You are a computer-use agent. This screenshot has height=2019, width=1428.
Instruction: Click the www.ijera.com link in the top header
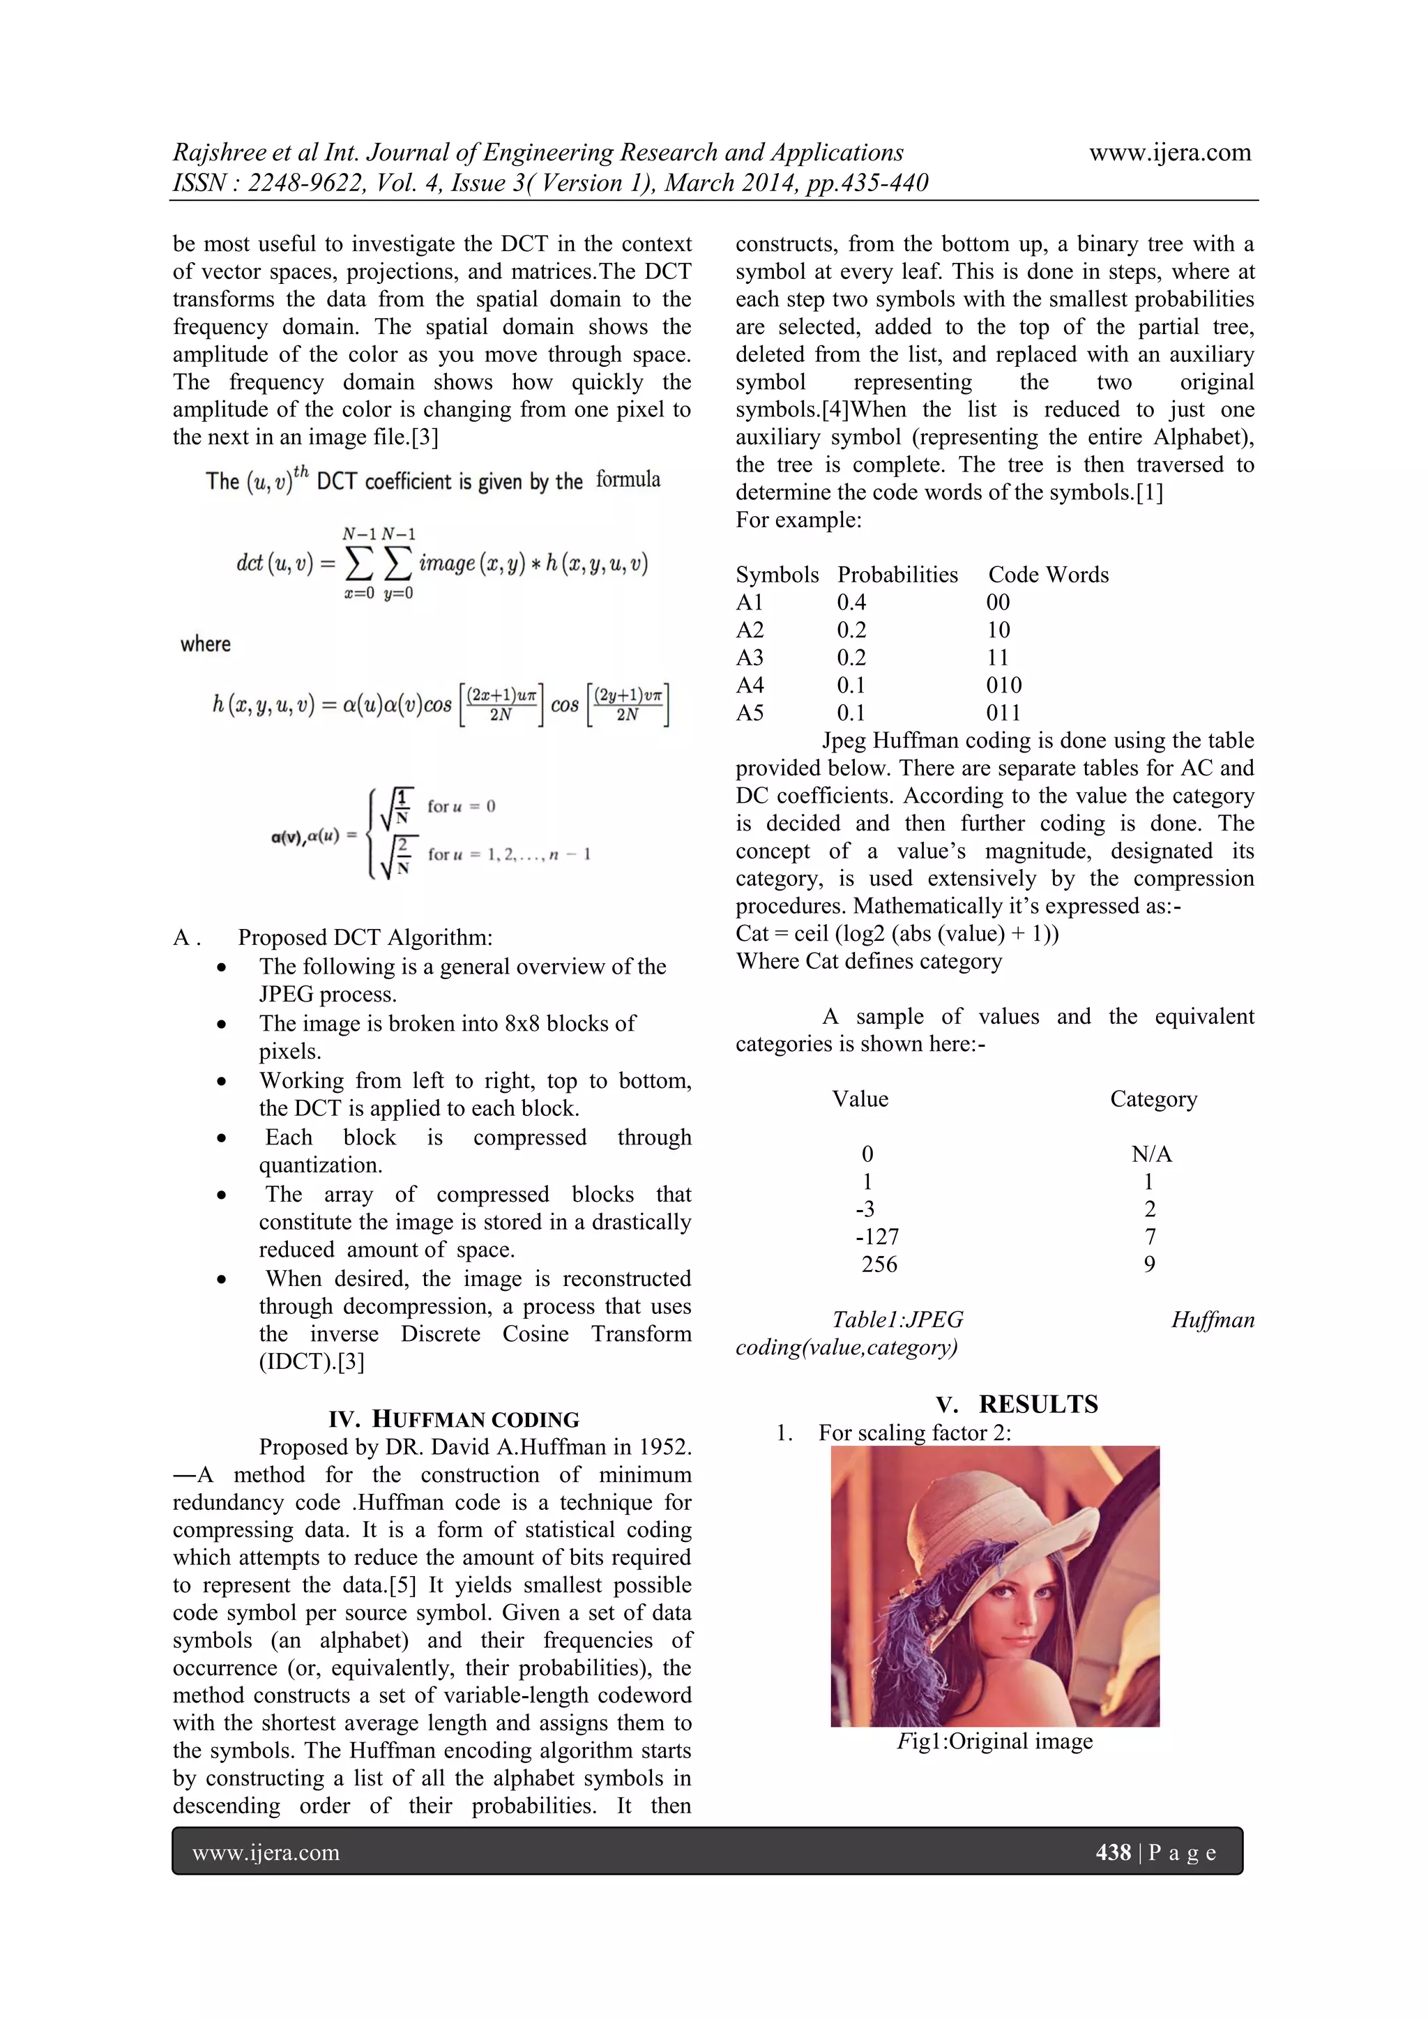1169,153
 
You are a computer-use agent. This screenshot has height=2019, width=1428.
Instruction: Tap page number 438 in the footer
1112,1853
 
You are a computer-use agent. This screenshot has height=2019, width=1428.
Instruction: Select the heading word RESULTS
1038,1405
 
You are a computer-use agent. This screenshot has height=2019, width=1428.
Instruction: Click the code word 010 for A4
1003,685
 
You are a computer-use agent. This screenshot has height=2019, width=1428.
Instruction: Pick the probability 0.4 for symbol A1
851,603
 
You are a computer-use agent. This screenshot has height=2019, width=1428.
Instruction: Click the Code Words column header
1048,575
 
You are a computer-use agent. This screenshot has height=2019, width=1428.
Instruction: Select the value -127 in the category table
876,1237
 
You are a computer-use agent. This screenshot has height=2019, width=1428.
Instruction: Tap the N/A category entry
1151,1155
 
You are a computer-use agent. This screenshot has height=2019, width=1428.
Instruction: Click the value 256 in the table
879,1264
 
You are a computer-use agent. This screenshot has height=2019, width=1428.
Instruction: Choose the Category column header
1154,1099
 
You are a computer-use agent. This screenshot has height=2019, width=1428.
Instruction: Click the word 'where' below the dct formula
206,644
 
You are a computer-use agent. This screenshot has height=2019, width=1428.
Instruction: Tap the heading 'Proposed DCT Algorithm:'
365,938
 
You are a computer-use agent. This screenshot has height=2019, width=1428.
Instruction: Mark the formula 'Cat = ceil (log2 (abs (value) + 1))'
897,934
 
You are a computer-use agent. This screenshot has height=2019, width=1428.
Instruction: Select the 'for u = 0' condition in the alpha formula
461,806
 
